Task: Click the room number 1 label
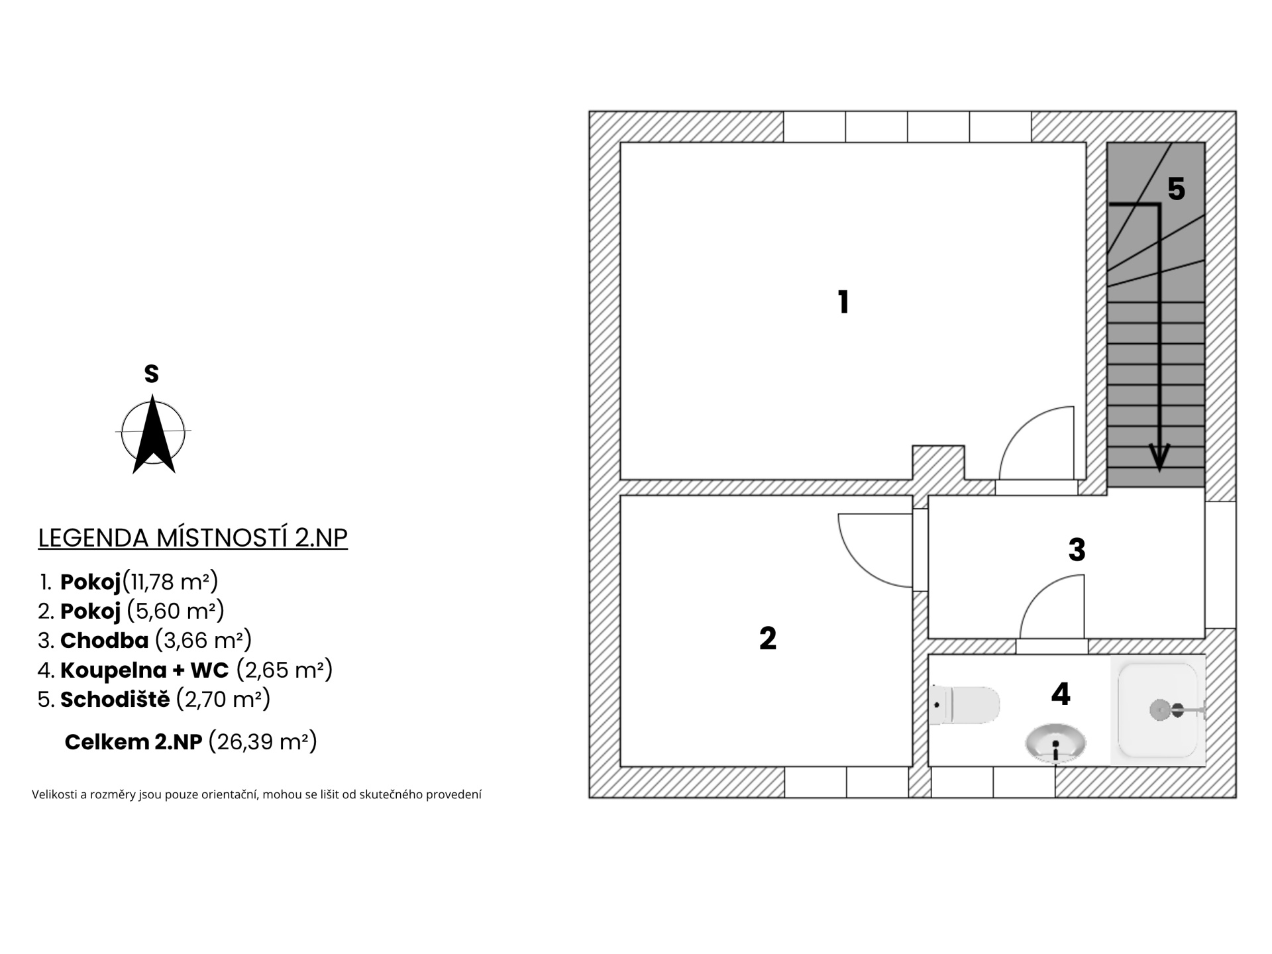click(x=843, y=302)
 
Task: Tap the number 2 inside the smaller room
click(x=768, y=639)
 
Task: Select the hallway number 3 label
click(x=1077, y=550)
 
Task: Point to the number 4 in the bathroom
click(x=1061, y=694)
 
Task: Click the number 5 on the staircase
click(x=1176, y=189)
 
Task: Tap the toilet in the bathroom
click(x=965, y=706)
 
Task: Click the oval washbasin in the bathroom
click(x=1055, y=743)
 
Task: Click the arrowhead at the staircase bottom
click(x=1159, y=458)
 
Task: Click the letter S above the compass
click(x=152, y=374)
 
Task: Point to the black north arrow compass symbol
click(x=154, y=434)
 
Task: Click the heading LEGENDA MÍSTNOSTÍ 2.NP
click(x=193, y=538)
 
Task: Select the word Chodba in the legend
click(x=105, y=641)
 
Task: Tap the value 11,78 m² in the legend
click(x=171, y=582)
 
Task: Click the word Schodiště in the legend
click(x=115, y=699)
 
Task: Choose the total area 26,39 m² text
click(x=263, y=741)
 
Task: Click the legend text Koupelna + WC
click(x=144, y=670)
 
